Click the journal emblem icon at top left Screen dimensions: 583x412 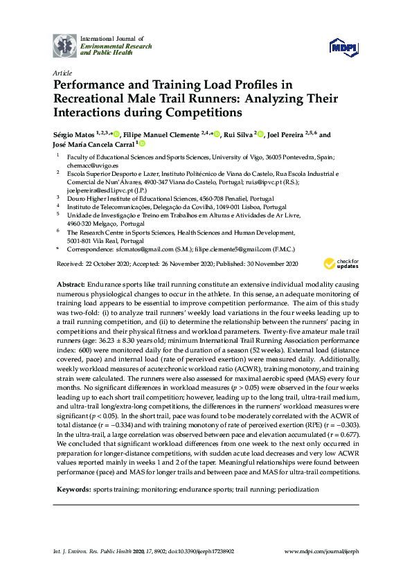[x=65, y=46]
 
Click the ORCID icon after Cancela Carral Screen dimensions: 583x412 [x=142, y=144]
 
